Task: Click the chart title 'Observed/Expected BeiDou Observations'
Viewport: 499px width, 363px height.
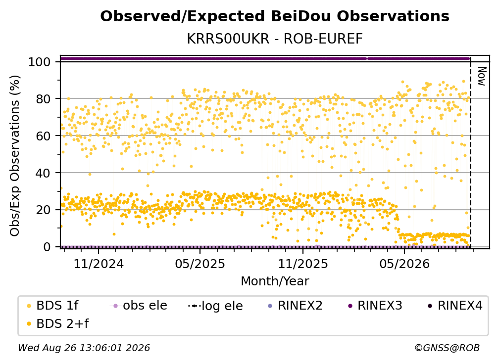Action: click(275, 16)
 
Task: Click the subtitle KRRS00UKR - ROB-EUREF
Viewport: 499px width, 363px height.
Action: click(275, 39)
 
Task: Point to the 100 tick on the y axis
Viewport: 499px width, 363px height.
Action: click(39, 62)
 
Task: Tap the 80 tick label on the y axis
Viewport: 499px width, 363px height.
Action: click(43, 99)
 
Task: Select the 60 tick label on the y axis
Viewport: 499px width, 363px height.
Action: click(43, 136)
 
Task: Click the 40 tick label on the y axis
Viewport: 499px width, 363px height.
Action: click(43, 173)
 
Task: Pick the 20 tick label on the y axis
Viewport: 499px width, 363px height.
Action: click(43, 210)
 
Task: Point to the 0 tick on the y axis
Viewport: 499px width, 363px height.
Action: click(47, 247)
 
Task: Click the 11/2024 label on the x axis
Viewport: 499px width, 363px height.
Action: click(99, 264)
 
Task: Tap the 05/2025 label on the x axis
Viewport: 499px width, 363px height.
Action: click(200, 264)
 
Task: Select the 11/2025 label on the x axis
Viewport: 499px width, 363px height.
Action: click(303, 264)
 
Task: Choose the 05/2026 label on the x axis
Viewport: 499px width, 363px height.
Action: click(404, 264)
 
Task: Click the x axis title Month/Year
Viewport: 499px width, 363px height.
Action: click(275, 281)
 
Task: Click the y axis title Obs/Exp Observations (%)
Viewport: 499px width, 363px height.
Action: click(15, 156)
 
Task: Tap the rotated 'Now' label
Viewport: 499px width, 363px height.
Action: click(482, 76)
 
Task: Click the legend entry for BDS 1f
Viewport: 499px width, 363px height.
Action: click(53, 306)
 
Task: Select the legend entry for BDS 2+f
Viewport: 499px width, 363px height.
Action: click(58, 324)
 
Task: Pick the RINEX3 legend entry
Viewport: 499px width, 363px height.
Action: click(376, 306)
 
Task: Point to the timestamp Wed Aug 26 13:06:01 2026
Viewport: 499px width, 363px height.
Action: click(84, 348)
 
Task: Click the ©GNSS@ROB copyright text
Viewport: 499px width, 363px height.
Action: click(447, 348)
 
